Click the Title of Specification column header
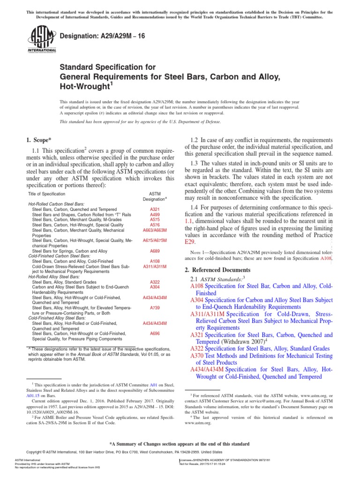[x=46, y=194]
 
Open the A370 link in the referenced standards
[x=197, y=356]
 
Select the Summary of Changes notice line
[x=180, y=444]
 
